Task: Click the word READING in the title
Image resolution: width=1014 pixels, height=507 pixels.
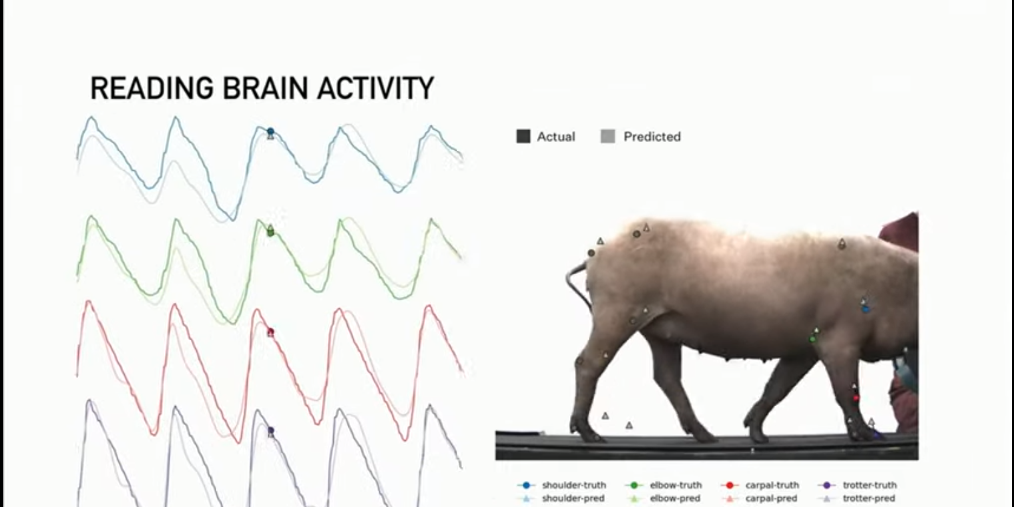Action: [x=152, y=88]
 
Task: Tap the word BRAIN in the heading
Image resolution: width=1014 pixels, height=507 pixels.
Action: [x=264, y=88]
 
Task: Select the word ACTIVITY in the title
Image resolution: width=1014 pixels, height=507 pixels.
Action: [x=375, y=88]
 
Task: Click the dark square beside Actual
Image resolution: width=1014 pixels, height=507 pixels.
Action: [x=523, y=137]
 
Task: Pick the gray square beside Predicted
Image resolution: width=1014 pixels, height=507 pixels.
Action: [x=608, y=137]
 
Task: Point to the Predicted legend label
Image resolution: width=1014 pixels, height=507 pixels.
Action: [x=652, y=137]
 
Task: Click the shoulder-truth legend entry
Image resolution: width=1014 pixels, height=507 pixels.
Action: [x=561, y=485]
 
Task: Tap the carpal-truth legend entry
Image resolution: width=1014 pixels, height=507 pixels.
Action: [x=760, y=485]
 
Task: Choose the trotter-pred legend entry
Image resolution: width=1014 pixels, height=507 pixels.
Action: [x=857, y=498]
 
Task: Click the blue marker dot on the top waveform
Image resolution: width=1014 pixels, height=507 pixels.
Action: [x=270, y=132]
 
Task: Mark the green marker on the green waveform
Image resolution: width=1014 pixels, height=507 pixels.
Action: [x=270, y=231]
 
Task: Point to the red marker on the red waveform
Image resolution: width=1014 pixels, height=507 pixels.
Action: [x=270, y=333]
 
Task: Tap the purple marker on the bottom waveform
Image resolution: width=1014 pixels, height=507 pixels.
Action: [x=271, y=430]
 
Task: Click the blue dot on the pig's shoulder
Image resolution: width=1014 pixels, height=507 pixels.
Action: [x=866, y=310]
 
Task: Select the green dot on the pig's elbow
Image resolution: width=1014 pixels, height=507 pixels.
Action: [x=812, y=339]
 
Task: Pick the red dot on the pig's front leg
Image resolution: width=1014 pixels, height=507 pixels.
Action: [x=856, y=398]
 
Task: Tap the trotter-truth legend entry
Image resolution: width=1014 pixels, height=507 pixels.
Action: [x=857, y=485]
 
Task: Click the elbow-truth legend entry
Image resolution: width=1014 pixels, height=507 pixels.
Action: [x=664, y=485]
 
